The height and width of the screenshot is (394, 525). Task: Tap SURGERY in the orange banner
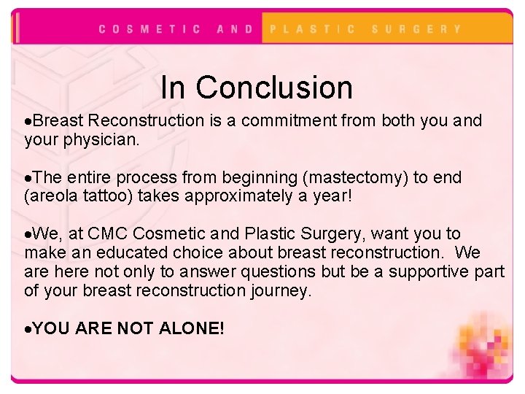[x=416, y=29]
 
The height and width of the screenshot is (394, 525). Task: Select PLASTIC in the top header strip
[x=313, y=29]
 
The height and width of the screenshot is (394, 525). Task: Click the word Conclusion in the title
[x=274, y=88]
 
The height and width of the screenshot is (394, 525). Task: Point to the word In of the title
[x=173, y=88]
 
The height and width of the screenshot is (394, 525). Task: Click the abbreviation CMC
[x=109, y=234]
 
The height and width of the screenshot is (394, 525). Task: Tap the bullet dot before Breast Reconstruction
[x=28, y=121]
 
